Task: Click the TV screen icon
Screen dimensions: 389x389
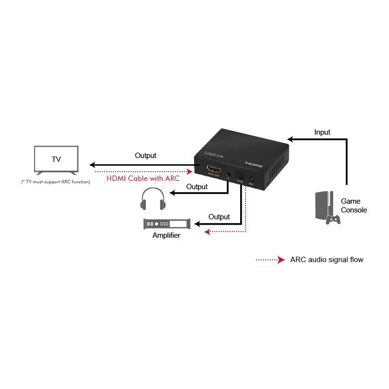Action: point(56,159)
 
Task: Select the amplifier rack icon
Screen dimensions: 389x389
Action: point(167,224)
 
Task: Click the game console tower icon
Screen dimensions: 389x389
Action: point(321,205)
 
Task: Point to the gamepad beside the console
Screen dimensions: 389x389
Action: point(333,219)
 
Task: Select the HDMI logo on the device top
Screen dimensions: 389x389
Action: point(254,164)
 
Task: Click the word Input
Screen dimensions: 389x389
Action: point(322,132)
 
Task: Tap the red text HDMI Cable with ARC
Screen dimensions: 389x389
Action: point(142,178)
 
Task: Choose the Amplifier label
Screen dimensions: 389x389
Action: point(166,235)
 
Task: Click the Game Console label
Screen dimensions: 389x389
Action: point(354,205)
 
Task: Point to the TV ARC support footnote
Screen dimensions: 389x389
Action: point(56,182)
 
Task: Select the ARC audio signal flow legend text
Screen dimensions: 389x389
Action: point(326,260)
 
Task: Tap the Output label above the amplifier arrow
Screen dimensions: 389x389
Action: point(219,216)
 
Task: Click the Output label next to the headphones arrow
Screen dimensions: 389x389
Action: point(197,187)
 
